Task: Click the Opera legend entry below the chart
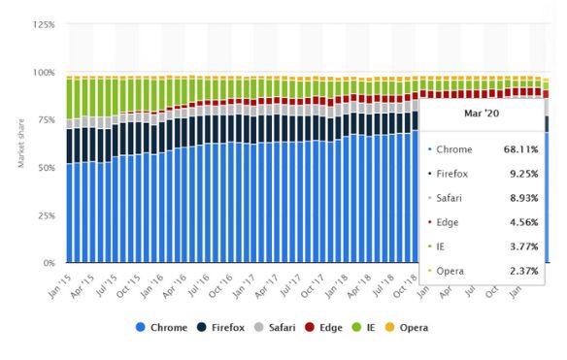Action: click(x=412, y=327)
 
